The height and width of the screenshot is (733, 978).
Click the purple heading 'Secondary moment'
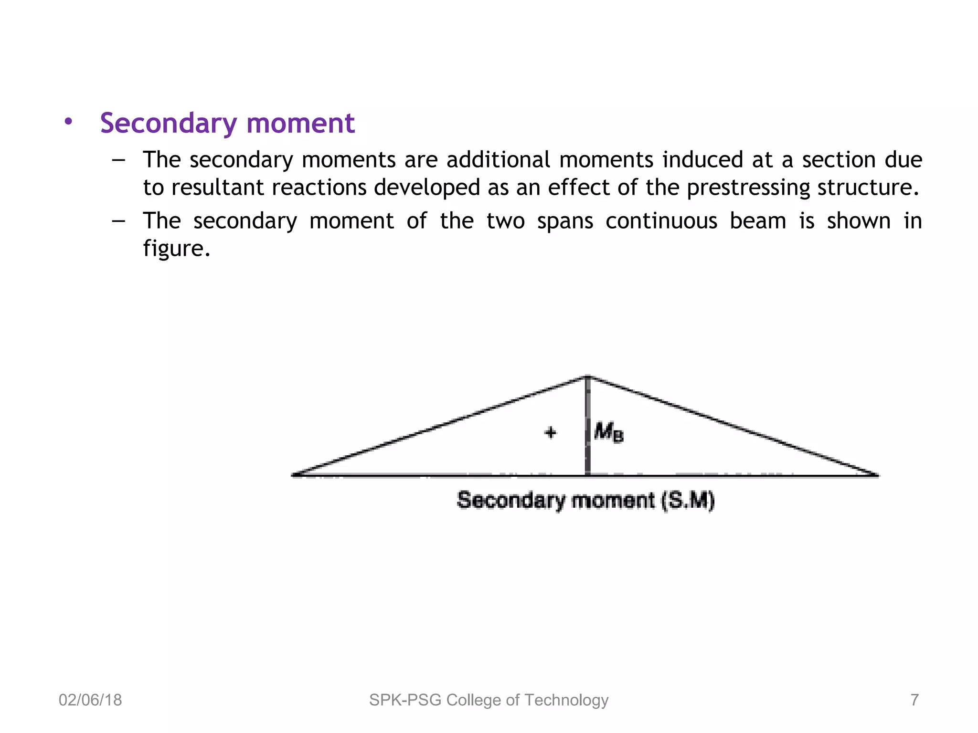click(x=227, y=123)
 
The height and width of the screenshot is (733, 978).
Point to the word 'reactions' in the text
click(x=319, y=187)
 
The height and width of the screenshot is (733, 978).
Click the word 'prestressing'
click(x=748, y=188)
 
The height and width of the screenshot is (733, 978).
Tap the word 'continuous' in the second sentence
click(x=661, y=221)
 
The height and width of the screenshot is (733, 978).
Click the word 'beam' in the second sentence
click(x=758, y=221)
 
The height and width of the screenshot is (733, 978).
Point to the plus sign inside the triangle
click(x=551, y=433)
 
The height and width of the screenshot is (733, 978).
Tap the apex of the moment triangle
click(x=588, y=377)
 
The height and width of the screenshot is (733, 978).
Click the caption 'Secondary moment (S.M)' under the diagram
click(x=585, y=501)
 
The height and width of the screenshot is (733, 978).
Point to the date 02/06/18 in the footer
click(x=90, y=700)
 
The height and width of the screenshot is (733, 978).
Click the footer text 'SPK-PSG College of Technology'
click(x=489, y=700)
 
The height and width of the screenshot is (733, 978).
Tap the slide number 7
click(x=914, y=700)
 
